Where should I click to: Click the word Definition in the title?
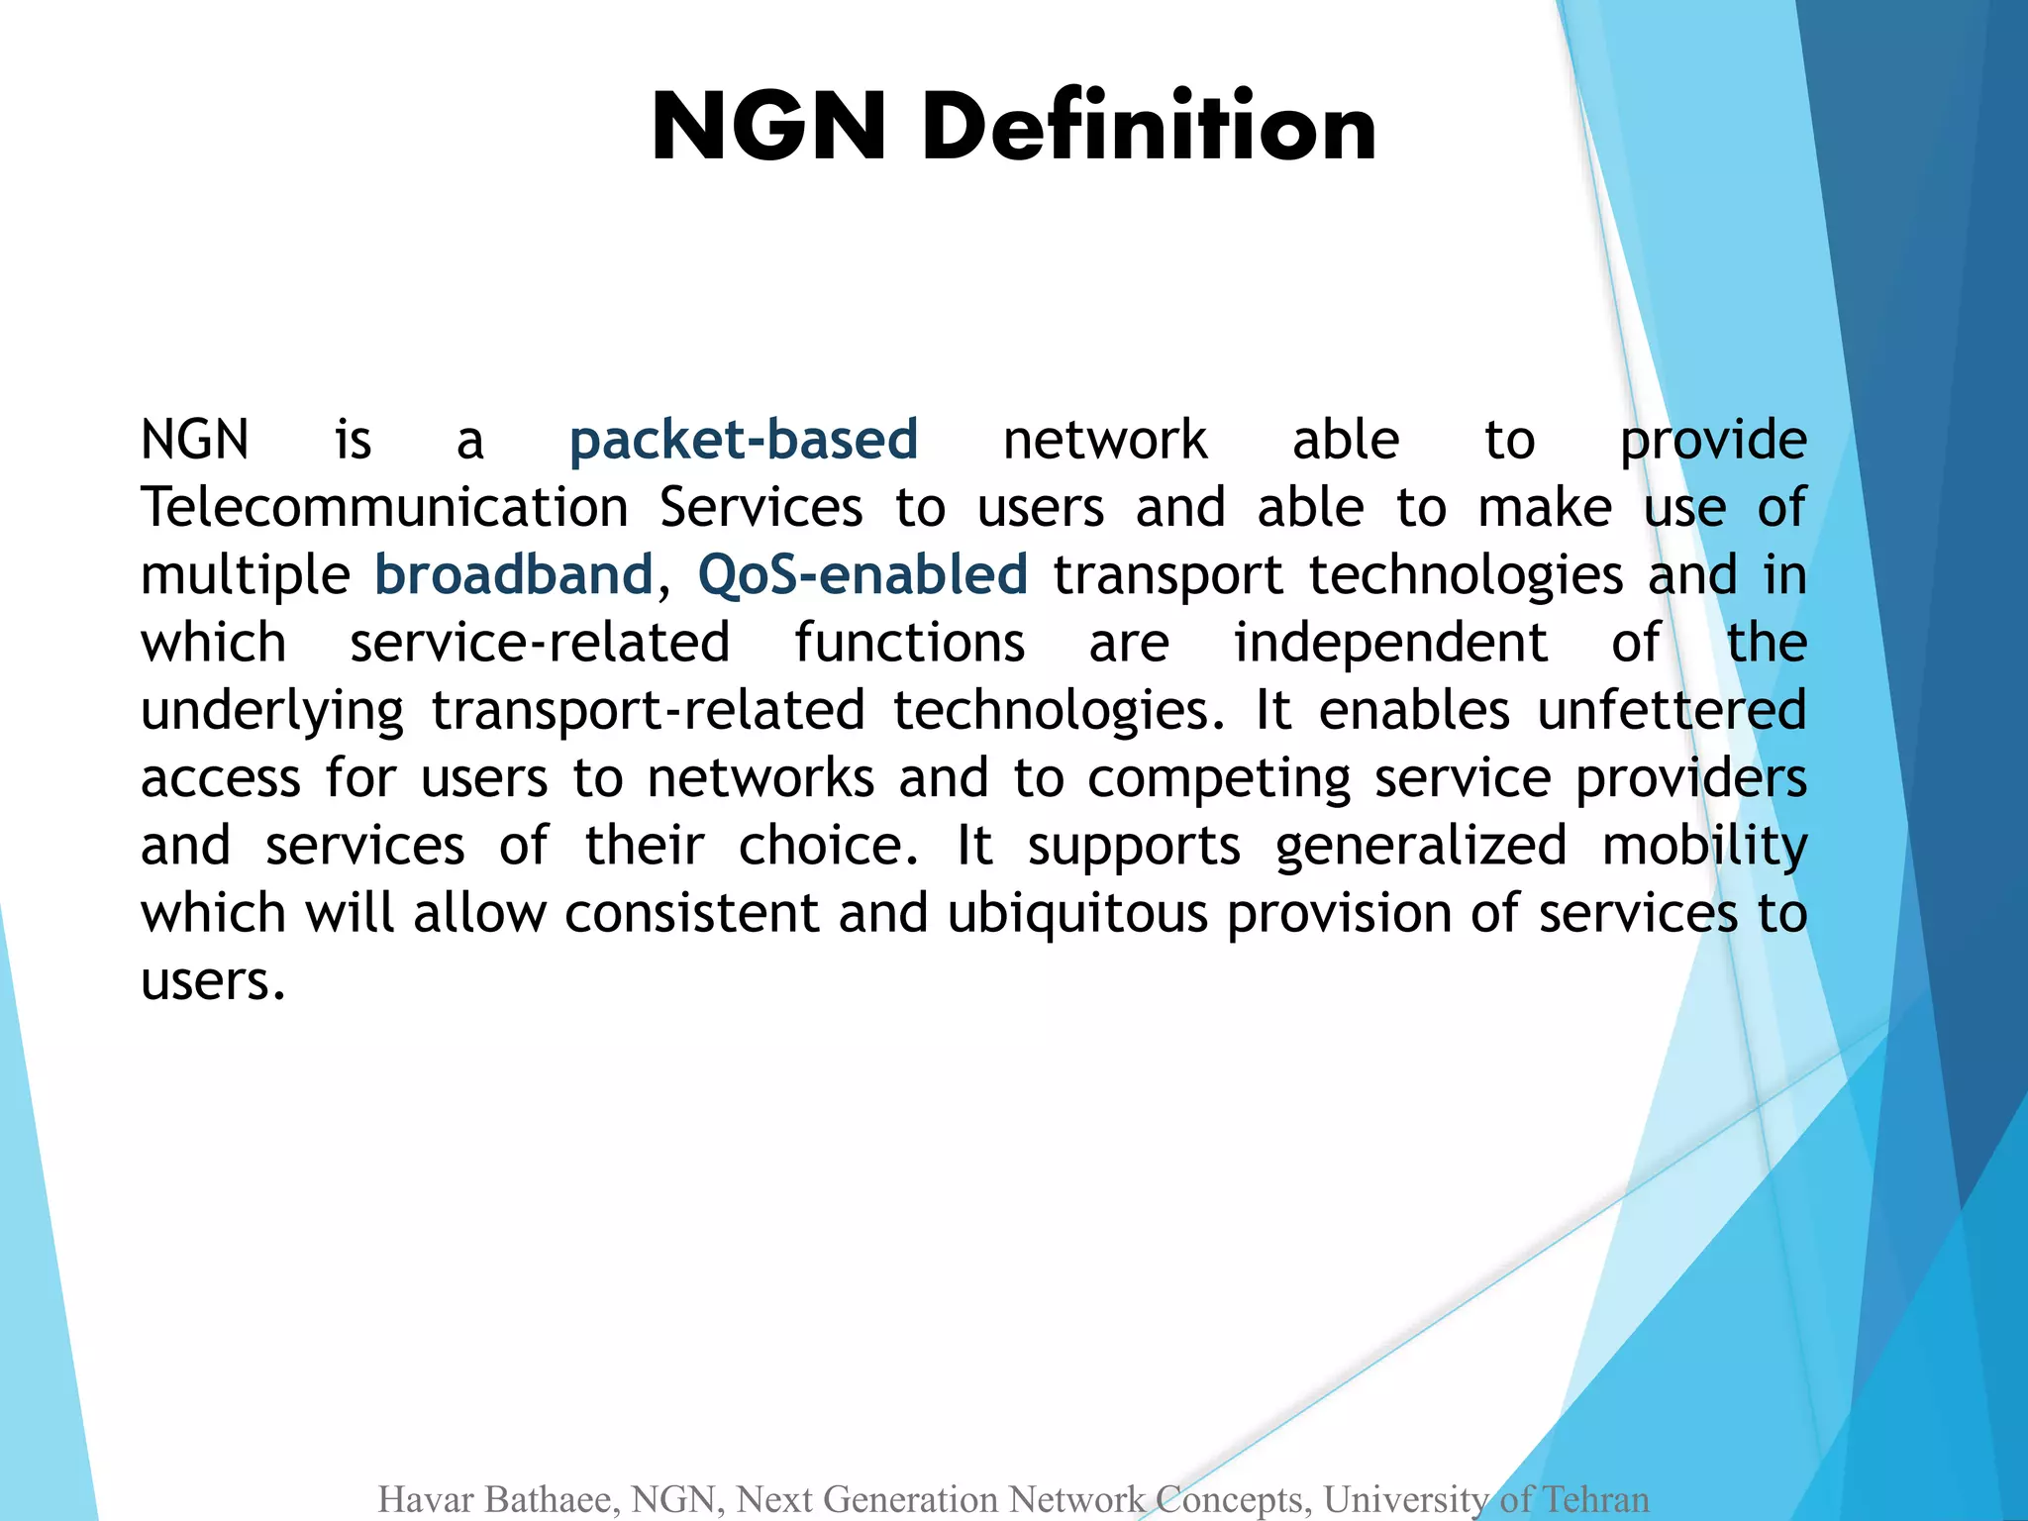pos(1149,127)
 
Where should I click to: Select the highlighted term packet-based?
pos(744,440)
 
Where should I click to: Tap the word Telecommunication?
pos(384,508)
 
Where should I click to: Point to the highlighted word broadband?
pos(514,575)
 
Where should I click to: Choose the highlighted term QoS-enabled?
pos(862,575)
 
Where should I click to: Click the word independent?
pos(1389,643)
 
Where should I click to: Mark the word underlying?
pos(272,711)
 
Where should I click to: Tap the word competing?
pos(1219,779)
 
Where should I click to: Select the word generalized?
pos(1421,847)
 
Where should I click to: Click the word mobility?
pos(1704,847)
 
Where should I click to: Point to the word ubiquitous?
pos(1077,913)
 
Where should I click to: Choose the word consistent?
pos(692,913)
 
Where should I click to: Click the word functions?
pos(909,643)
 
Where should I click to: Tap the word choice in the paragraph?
pos(828,847)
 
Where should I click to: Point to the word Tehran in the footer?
pos(1595,1499)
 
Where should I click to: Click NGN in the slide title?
pos(768,127)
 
